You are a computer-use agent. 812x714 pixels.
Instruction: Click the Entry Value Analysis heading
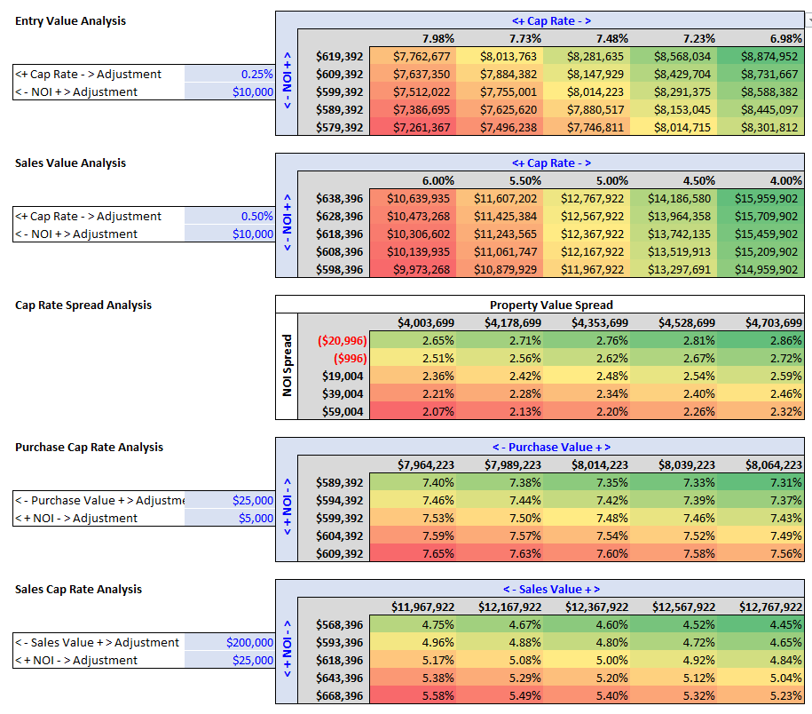tap(70, 20)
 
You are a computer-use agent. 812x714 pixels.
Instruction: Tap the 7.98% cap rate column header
tap(438, 38)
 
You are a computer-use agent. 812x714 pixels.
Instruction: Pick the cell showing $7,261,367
tap(422, 127)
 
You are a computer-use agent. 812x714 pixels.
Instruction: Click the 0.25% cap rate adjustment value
tap(256, 74)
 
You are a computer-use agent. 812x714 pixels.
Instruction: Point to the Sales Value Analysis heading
tap(70, 163)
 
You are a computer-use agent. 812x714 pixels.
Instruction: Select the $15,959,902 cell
tap(766, 198)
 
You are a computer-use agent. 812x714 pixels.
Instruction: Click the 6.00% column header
tap(438, 180)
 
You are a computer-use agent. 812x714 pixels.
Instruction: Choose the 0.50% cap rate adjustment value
tap(256, 216)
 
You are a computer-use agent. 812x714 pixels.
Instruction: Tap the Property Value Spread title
tap(551, 305)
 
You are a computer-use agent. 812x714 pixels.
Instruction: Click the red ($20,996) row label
tap(343, 340)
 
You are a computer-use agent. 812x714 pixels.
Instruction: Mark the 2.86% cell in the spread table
tap(785, 340)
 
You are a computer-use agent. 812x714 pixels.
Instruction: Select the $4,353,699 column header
tap(600, 322)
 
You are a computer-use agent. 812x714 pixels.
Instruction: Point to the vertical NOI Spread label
tap(287, 365)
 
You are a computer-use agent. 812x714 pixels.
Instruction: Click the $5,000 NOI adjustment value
tap(256, 518)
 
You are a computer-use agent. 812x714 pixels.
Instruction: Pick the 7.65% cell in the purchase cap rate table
tap(438, 553)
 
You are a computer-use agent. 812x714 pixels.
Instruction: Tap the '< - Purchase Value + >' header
tap(551, 448)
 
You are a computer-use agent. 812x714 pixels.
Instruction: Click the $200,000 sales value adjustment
tap(249, 642)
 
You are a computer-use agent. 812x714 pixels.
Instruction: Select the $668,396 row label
tap(339, 695)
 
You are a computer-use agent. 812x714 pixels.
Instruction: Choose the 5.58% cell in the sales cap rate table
tap(438, 695)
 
